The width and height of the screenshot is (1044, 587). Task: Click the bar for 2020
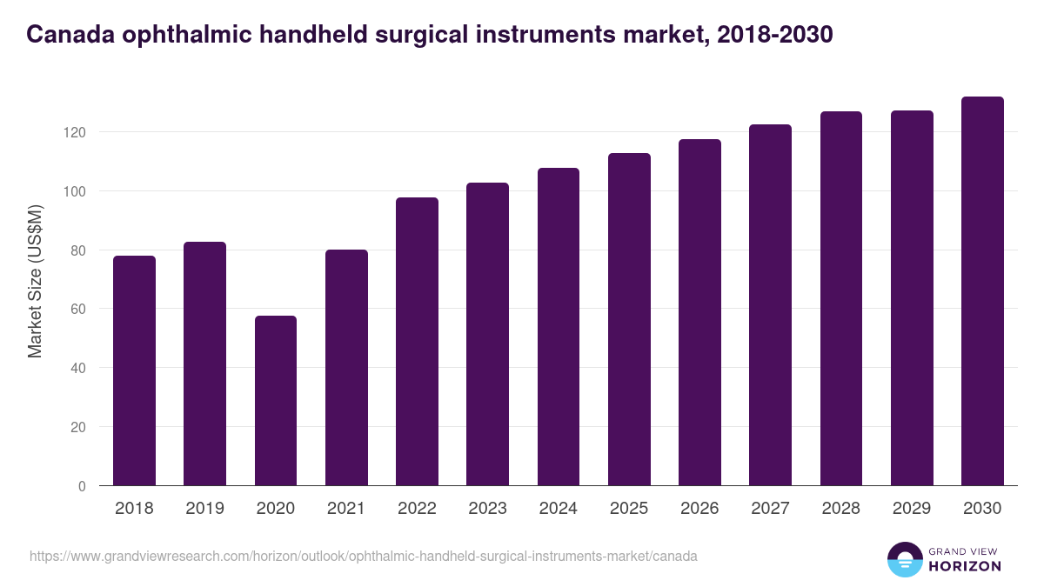[276, 401]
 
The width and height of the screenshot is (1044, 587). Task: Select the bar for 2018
[134, 370]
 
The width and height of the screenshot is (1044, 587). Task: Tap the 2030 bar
[982, 291]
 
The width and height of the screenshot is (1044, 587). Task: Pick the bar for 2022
[417, 342]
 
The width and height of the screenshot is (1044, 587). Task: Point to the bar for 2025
[629, 319]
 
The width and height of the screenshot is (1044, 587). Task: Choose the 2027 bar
[771, 305]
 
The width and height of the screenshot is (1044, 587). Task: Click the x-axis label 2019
[204, 508]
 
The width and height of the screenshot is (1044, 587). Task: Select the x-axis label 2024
[558, 508]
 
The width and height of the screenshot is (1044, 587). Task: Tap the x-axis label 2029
[912, 508]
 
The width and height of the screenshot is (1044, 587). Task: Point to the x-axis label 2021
[346, 508]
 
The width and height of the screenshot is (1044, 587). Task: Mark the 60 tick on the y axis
[79, 309]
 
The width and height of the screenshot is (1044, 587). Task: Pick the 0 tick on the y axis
[83, 486]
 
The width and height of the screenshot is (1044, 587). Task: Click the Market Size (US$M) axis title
[36, 281]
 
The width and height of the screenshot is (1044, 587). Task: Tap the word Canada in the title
[70, 34]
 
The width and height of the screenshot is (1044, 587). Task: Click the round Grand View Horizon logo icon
[905, 559]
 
